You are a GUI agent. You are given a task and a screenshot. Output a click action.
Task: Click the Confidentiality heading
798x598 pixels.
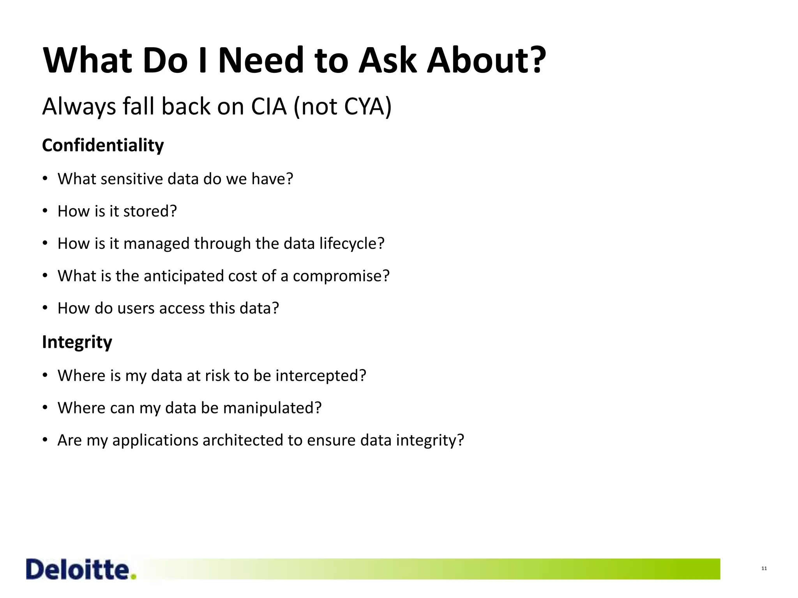[x=103, y=146]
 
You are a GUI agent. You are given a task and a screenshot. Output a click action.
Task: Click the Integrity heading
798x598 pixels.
[x=77, y=342]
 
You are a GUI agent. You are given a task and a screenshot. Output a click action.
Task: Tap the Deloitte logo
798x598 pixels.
[x=78, y=570]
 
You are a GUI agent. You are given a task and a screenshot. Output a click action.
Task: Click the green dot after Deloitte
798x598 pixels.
[x=134, y=577]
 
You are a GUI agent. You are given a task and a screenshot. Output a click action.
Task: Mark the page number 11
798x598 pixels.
[x=764, y=569]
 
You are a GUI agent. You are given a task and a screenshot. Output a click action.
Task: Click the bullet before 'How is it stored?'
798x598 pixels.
[x=45, y=211]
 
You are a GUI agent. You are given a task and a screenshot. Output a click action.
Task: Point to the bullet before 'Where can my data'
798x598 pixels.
[x=45, y=408]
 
